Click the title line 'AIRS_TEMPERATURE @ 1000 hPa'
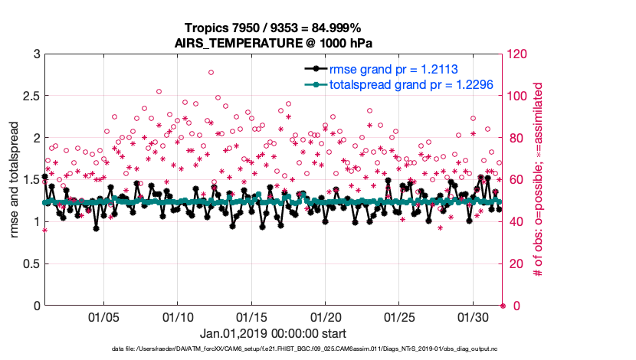tap(273, 42)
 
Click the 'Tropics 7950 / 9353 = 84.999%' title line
tap(273, 28)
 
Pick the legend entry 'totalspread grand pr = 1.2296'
tap(410, 84)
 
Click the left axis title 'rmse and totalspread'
tap(15, 180)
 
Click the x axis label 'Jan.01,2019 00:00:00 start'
tap(273, 334)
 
